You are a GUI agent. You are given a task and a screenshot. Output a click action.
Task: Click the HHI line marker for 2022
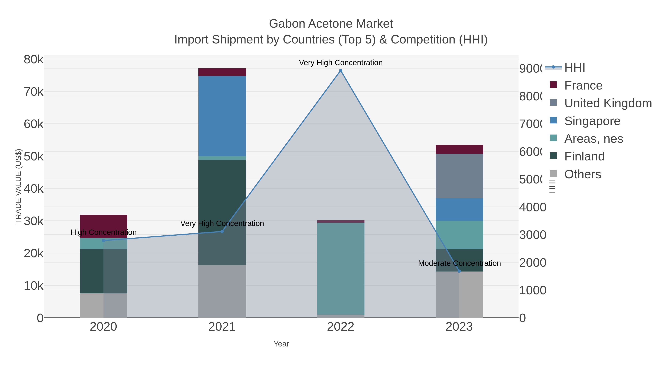[x=341, y=71]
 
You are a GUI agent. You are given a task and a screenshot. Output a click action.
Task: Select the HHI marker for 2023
[x=459, y=271]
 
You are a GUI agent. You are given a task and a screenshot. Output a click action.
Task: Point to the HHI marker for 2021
[x=222, y=231]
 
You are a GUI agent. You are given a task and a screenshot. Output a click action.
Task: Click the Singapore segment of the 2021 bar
[x=222, y=116]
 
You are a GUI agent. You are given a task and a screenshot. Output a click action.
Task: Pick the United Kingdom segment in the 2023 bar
[x=459, y=176]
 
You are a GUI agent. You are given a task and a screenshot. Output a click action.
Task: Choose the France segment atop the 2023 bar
[x=459, y=150]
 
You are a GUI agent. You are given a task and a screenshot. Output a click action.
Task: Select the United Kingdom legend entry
[x=608, y=103]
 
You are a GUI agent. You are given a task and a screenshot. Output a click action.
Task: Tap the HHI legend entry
[x=574, y=68]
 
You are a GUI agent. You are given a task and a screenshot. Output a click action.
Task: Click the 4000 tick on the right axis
[x=533, y=207]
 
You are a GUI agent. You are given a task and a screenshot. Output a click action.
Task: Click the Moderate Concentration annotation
[x=459, y=263]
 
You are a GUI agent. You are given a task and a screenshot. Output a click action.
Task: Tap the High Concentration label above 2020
[x=104, y=232]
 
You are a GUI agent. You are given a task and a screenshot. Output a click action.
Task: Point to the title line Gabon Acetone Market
[x=331, y=24]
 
